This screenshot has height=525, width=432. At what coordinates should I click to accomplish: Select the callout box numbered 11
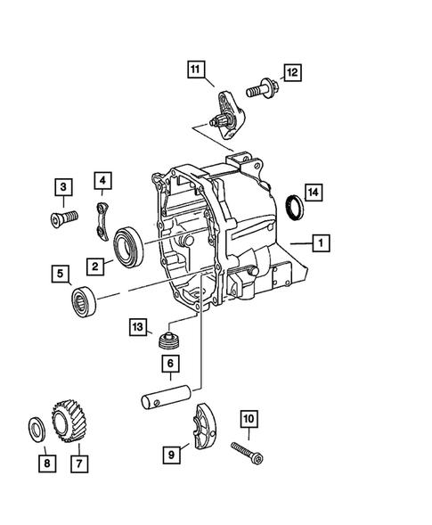click(195, 68)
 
